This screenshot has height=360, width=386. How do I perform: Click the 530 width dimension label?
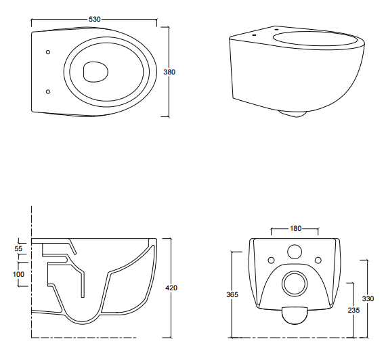(x=95, y=20)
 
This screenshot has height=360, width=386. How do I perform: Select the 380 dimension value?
(x=169, y=72)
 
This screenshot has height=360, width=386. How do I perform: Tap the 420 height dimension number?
(x=171, y=288)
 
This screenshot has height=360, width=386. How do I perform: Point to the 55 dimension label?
(x=18, y=249)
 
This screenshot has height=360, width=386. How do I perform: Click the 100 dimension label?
(x=18, y=274)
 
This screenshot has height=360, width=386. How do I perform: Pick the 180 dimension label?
(x=295, y=229)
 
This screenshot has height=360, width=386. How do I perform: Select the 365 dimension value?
(x=232, y=294)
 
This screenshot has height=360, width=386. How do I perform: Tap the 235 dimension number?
(x=353, y=311)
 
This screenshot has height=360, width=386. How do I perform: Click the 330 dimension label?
(x=368, y=298)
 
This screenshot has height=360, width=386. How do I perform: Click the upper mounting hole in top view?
(x=48, y=52)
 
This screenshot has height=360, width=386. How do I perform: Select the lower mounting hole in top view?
(x=48, y=92)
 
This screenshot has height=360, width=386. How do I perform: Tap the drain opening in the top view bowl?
(x=95, y=72)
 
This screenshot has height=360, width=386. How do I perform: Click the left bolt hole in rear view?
(x=271, y=260)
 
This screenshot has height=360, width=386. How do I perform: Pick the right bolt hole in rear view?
(x=318, y=260)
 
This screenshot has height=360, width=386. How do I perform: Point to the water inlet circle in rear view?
(x=295, y=252)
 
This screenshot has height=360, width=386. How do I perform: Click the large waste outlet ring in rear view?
(x=295, y=271)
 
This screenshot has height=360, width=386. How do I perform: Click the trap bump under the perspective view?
(x=293, y=114)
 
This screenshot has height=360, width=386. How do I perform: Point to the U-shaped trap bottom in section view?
(x=83, y=323)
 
